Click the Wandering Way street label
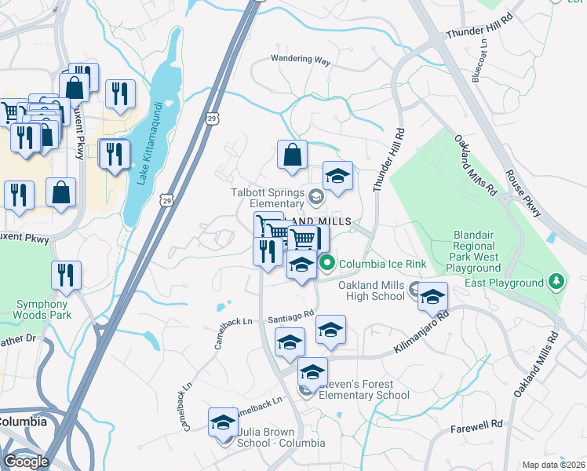[301, 59]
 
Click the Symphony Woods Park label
[41, 309]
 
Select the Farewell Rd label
[476, 425]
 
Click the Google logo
[26, 461]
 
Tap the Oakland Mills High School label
[371, 290]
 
